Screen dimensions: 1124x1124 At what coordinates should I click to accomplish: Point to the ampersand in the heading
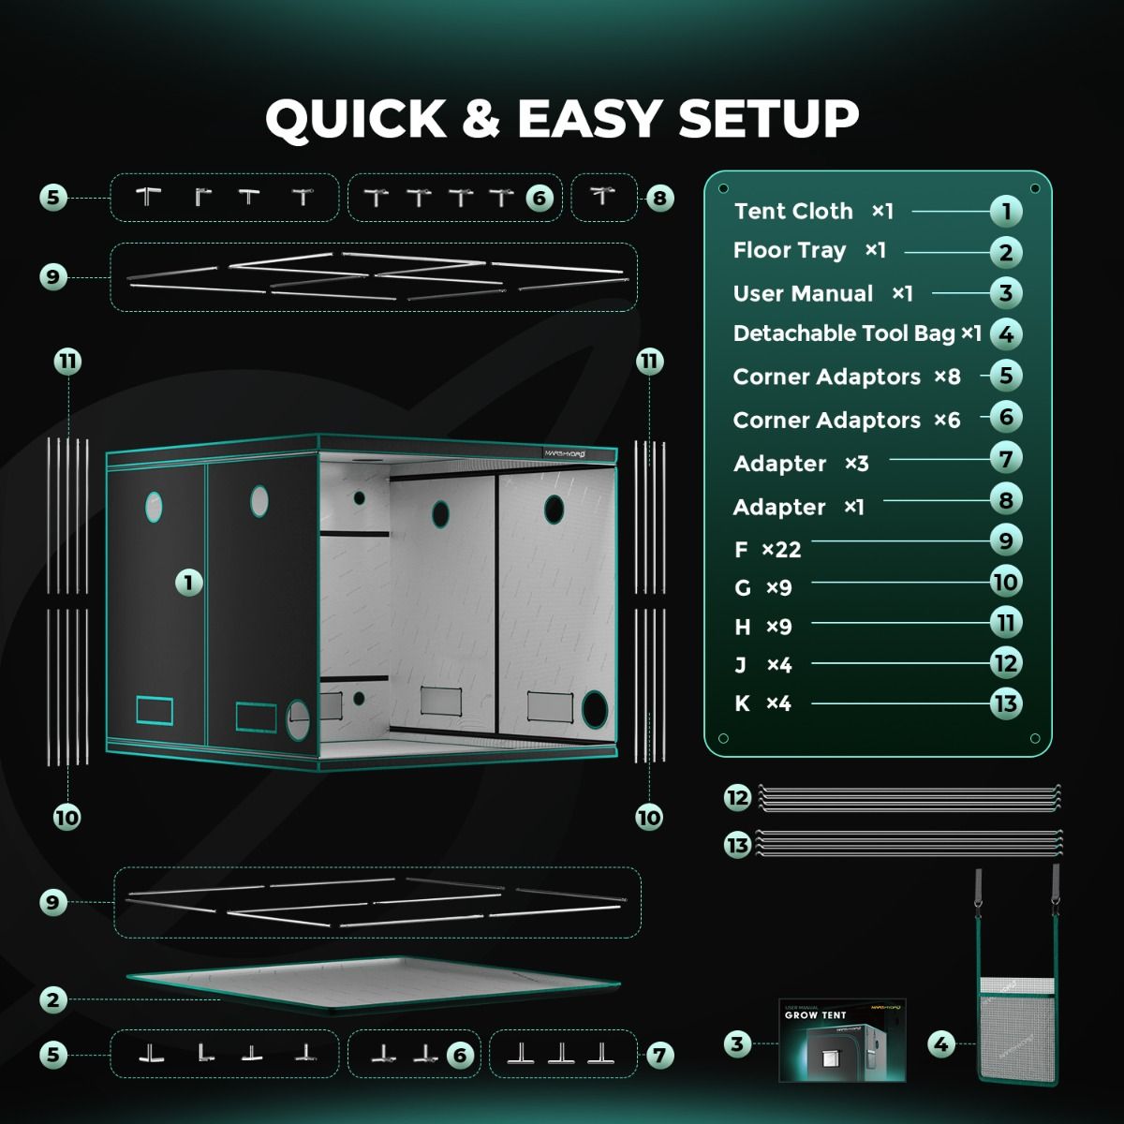[481, 119]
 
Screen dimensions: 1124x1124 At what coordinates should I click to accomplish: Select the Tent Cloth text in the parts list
[793, 212]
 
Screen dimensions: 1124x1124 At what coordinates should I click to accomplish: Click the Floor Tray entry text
[790, 251]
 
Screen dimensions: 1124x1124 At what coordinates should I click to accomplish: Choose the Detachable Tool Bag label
[844, 334]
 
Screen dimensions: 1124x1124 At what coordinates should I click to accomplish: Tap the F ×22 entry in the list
[768, 550]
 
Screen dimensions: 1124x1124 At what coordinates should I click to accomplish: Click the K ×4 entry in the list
[763, 703]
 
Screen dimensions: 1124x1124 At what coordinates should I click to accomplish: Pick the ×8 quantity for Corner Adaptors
[947, 377]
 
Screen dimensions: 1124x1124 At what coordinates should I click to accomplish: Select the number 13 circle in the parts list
[1005, 703]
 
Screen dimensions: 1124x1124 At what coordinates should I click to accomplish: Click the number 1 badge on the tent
[188, 583]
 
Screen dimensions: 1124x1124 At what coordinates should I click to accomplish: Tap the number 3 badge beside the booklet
[738, 1043]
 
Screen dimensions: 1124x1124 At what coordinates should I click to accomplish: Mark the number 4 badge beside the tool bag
[941, 1043]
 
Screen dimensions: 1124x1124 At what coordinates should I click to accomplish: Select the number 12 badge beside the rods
[738, 798]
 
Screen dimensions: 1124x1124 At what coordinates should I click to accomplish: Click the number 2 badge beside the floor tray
[53, 999]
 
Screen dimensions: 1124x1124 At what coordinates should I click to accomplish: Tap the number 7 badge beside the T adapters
[659, 1056]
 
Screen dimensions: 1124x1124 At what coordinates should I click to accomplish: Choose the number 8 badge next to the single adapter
[659, 198]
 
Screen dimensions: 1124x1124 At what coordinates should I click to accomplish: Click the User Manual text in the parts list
[803, 294]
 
